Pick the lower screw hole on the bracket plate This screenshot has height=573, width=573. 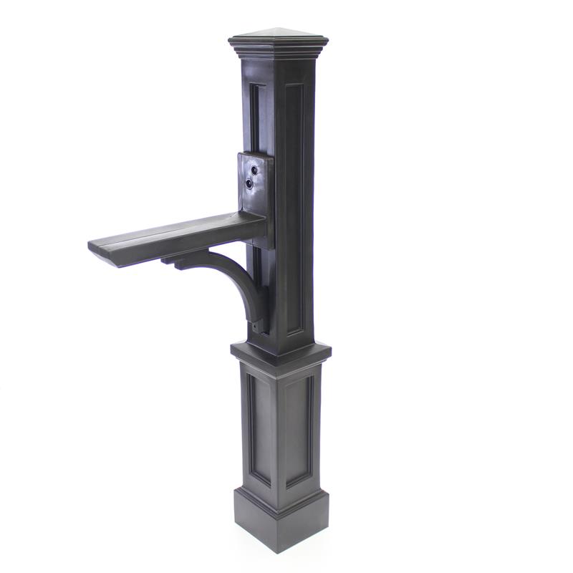click(x=249, y=183)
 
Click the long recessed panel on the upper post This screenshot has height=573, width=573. click(x=295, y=208)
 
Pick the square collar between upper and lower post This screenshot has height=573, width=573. click(x=281, y=353)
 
